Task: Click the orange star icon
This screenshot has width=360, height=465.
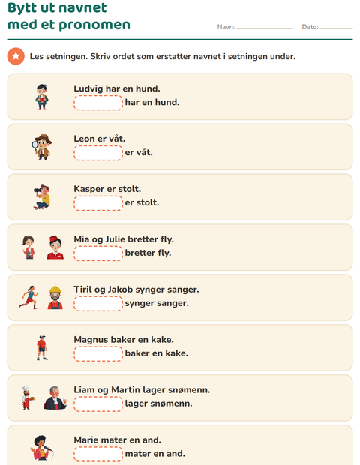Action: (16, 56)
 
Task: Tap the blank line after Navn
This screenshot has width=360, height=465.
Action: (265, 28)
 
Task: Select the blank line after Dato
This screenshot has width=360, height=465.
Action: (336, 28)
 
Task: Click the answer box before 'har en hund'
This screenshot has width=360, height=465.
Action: (98, 103)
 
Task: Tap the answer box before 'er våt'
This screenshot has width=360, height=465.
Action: (98, 153)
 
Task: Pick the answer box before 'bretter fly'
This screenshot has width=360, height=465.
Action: (98, 253)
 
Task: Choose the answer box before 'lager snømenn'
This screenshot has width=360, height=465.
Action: (98, 403)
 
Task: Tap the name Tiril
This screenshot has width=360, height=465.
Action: (82, 289)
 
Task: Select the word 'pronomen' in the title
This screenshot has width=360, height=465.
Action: (94, 25)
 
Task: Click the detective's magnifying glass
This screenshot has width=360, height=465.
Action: (35, 145)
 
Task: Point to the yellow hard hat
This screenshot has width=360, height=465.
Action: (55, 289)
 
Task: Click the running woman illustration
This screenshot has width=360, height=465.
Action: (28, 297)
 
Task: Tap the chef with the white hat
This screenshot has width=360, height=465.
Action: (27, 397)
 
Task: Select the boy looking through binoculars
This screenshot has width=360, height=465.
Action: (42, 197)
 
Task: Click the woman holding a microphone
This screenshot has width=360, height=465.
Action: (41, 448)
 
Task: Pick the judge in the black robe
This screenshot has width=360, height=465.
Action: (55, 397)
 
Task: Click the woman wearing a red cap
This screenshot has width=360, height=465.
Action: (55, 247)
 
